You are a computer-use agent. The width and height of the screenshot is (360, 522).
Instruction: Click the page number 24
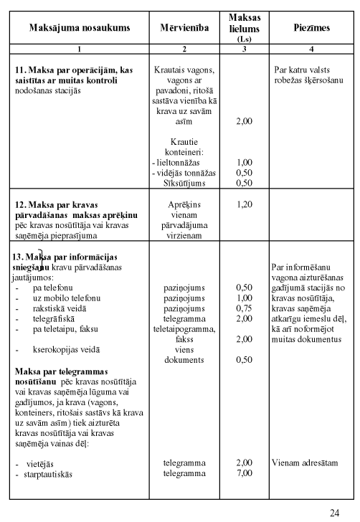tap(334, 512)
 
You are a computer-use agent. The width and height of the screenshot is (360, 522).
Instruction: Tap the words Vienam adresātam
tap(305, 463)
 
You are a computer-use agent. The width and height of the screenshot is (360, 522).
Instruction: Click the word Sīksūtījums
tap(184, 183)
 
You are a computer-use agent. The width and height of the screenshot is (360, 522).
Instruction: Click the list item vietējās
tap(39, 463)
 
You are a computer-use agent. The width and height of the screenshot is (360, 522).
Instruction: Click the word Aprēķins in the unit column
tap(184, 204)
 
